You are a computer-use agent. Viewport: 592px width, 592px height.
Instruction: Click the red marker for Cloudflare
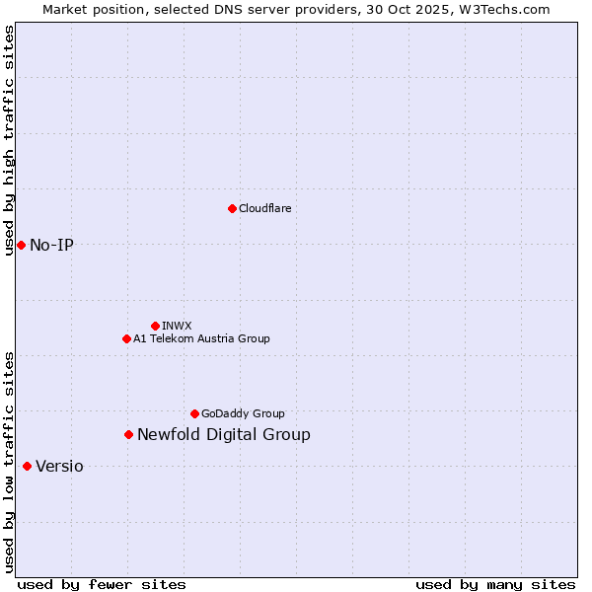click(x=232, y=208)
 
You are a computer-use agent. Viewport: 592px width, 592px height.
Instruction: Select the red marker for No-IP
click(x=21, y=245)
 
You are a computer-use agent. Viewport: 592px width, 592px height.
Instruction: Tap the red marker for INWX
click(x=155, y=326)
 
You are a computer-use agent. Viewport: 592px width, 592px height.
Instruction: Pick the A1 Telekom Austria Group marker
click(x=126, y=338)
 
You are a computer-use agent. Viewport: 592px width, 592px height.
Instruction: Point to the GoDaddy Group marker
click(x=194, y=413)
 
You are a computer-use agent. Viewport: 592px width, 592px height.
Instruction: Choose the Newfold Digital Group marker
click(x=128, y=434)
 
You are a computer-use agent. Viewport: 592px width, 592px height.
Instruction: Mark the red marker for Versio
click(x=27, y=466)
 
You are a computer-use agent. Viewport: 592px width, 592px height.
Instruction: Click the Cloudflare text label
click(x=264, y=208)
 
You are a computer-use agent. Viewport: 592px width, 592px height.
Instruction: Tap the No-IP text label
click(x=51, y=245)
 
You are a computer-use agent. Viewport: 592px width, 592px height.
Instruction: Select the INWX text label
click(x=177, y=326)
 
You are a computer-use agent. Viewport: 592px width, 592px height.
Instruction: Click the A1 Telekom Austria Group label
click(x=201, y=338)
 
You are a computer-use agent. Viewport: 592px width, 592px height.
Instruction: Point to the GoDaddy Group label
click(x=243, y=413)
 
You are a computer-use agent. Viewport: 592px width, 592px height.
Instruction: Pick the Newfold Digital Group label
click(x=223, y=434)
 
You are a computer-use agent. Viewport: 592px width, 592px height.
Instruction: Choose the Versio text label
click(x=59, y=466)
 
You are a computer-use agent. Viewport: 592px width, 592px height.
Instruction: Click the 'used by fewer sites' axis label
click(x=102, y=584)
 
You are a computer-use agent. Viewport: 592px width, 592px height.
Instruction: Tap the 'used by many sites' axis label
click(x=495, y=584)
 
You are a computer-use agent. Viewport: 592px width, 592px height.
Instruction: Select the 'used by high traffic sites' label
click(x=10, y=140)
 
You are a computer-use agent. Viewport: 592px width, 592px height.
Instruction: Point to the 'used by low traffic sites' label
click(x=10, y=462)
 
